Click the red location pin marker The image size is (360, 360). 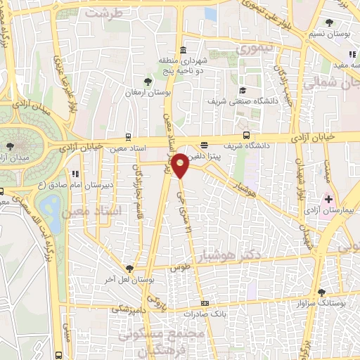tap(180, 165)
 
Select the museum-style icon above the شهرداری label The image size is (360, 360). tap(183, 50)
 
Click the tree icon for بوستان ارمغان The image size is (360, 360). tap(147, 81)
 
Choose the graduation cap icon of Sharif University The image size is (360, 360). tap(243, 90)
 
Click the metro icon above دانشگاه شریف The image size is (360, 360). tap(245, 136)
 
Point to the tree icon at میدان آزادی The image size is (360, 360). tap(9, 146)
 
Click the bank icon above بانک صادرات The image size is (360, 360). tap(205, 303)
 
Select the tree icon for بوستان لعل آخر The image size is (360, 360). tap(129, 268)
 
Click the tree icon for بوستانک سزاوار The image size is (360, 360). tap(321, 292)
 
